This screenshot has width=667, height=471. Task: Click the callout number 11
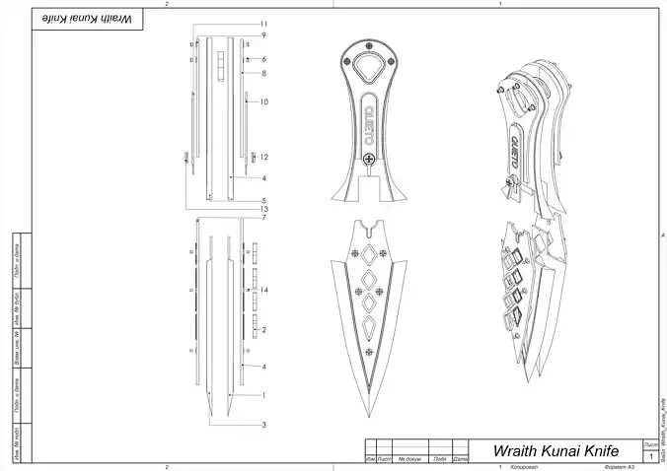coord(264,23)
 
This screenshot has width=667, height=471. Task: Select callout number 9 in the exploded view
coord(264,35)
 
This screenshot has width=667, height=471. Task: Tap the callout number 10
coord(264,101)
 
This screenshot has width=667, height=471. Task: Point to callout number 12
coord(264,157)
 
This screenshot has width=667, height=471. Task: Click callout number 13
coord(264,209)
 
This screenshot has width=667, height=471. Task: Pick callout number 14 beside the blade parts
coord(264,289)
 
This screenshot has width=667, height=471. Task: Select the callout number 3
coord(264,425)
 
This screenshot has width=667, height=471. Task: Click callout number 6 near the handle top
coord(264,59)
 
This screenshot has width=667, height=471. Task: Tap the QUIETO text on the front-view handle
coord(368,119)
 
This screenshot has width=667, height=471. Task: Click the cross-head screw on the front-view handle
coord(368,159)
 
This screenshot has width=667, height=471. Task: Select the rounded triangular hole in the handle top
coord(368,69)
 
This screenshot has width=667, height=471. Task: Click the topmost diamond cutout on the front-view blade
coord(368,255)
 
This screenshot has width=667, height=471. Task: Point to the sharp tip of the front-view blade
coord(368,416)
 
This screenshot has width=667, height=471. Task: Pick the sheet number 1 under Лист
coord(651,456)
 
